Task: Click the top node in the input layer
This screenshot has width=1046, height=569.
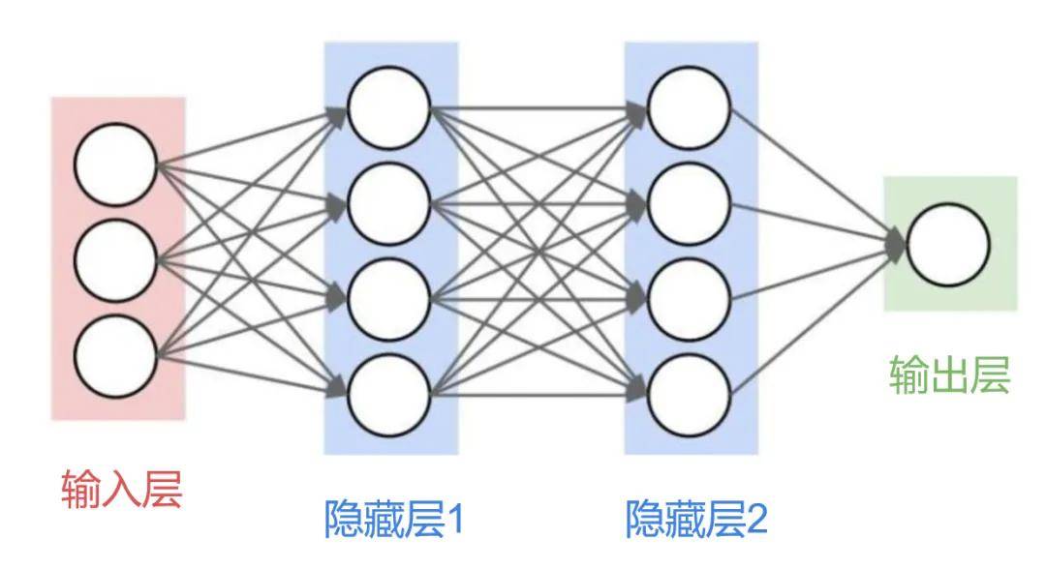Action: coord(115,165)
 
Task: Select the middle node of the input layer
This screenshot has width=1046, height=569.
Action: coord(115,260)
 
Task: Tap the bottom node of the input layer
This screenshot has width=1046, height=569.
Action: coord(115,356)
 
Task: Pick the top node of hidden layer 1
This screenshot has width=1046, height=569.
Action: coord(389,108)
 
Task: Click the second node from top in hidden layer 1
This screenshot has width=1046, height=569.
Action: coord(389,204)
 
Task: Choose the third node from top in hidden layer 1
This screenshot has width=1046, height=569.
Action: coord(389,300)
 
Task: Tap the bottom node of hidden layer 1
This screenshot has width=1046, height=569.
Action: coord(389,396)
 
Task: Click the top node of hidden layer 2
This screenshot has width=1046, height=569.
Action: coord(690,108)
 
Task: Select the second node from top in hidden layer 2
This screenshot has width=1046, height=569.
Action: coord(690,204)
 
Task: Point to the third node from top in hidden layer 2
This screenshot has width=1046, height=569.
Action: coord(690,300)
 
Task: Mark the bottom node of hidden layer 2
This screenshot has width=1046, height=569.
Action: coord(690,396)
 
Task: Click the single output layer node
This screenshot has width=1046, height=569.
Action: coord(948,245)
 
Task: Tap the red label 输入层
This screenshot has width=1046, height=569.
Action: coord(122,489)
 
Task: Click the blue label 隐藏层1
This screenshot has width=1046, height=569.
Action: coord(393,519)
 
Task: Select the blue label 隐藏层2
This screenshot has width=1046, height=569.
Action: coord(696,519)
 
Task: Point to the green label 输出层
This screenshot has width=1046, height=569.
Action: coord(950,375)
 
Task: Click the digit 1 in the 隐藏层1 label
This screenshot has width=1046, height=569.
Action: coord(453,520)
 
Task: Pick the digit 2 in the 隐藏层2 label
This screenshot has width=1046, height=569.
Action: coord(756,520)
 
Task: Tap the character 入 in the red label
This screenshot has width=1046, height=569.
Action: coord(122,489)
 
